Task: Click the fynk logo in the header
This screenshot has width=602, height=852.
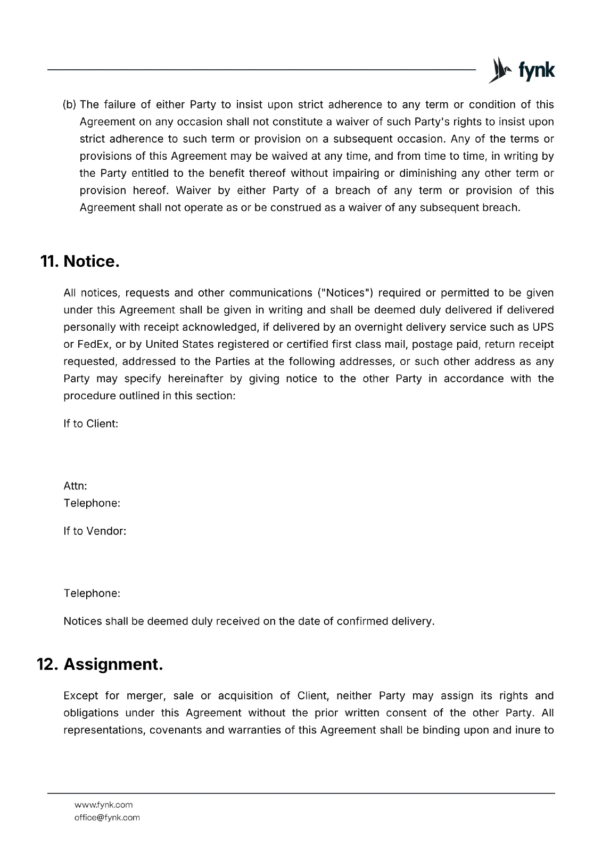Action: pos(521,71)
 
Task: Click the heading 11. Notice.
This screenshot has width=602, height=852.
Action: pos(80,261)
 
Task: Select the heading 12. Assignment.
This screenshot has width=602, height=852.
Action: pos(100,665)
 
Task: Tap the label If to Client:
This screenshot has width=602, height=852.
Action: pos(90,424)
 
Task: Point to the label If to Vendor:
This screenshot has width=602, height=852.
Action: pos(95,531)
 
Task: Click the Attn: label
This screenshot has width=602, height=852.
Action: pos(75,486)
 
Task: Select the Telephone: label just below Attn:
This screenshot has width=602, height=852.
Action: pos(92,503)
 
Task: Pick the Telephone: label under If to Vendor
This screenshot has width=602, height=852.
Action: pos(92,593)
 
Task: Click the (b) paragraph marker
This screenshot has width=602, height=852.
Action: pos(70,105)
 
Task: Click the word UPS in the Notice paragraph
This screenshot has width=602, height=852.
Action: pos(543,327)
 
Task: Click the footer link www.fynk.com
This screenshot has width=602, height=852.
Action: pos(103,805)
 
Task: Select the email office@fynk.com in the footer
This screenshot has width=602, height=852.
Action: pos(107,817)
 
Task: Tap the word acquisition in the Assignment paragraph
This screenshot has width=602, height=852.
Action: pos(245,696)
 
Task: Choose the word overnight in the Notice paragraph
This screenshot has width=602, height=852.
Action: pos(378,327)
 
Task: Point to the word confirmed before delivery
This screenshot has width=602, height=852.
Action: pos(362,621)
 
